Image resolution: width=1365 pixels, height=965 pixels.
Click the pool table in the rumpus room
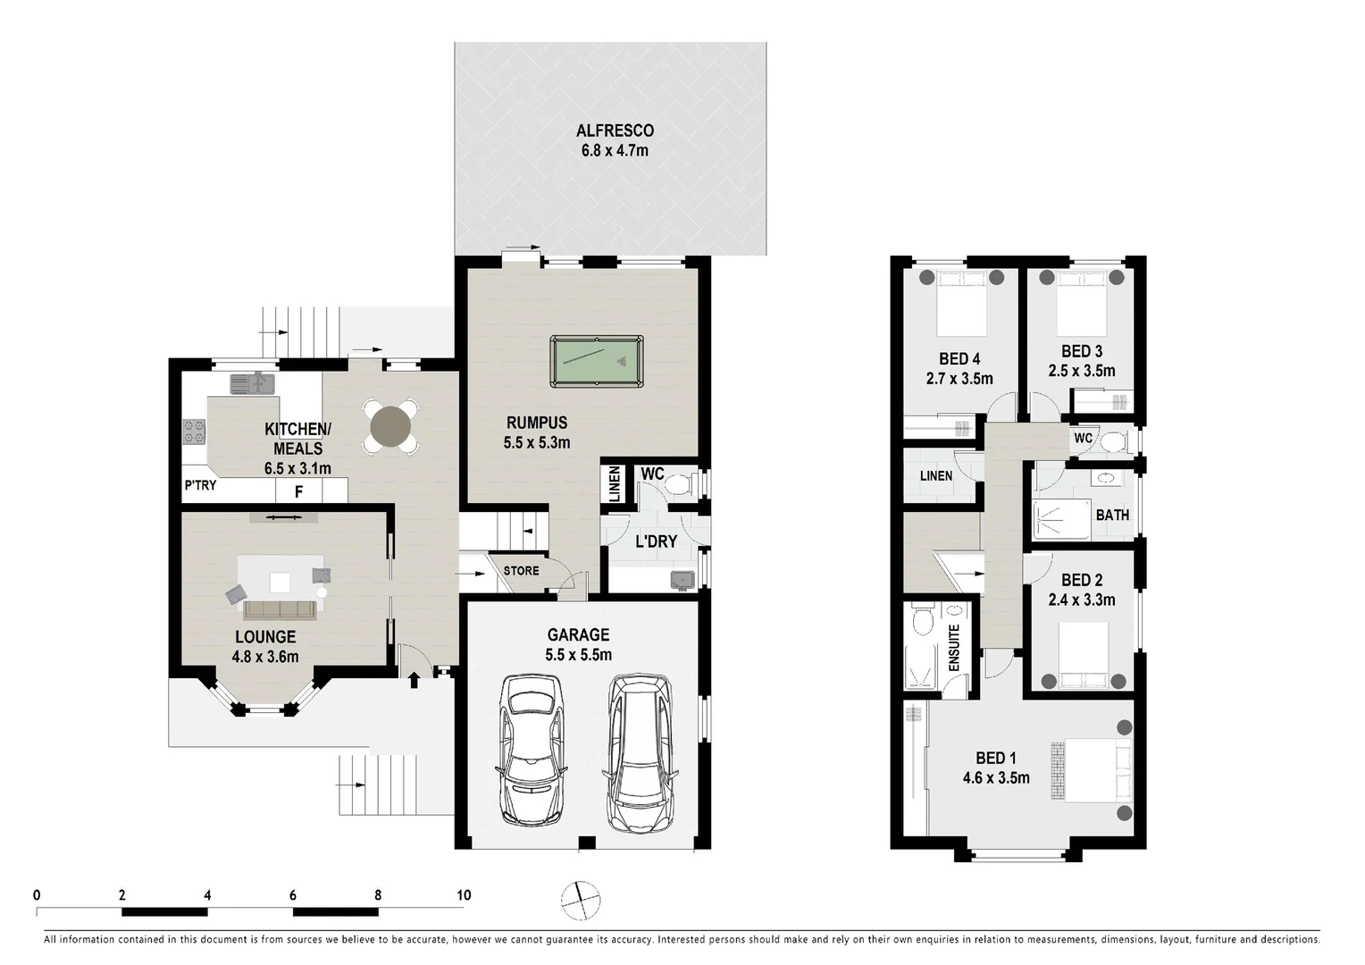coord(596,361)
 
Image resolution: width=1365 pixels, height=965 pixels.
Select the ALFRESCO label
coord(615,130)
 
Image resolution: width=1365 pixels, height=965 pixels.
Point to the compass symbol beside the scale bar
coord(581,899)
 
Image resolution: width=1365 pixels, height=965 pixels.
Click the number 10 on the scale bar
coord(463,894)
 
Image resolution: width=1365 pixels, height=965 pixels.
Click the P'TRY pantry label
coord(200,485)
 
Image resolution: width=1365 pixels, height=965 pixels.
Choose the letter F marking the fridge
coord(299,491)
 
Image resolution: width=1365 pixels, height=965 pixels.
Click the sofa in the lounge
coord(280,609)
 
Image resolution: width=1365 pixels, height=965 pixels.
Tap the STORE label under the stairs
coord(521,570)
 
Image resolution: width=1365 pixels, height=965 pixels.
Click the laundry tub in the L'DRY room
coord(683,579)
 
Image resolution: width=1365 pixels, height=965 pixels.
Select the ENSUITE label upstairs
coord(953,648)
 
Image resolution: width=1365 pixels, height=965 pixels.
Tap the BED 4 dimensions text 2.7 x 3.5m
coord(959,378)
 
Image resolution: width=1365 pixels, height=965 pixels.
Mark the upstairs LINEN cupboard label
coord(935,475)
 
